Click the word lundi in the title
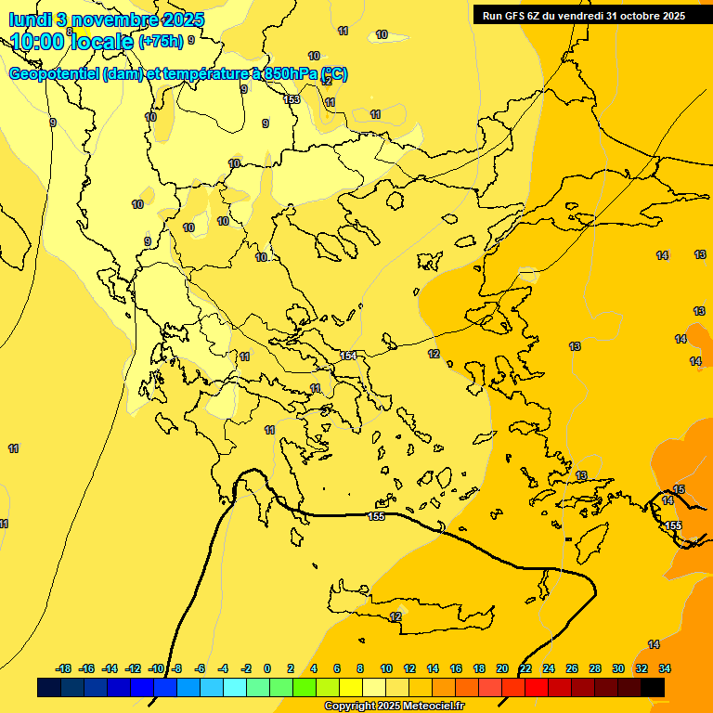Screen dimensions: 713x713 coord(30,19)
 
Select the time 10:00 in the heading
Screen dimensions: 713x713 coord(39,41)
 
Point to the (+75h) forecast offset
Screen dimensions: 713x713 coord(160,42)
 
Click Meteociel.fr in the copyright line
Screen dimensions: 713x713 coord(431,707)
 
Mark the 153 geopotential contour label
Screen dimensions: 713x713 coord(292,99)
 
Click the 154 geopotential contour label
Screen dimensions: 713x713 coord(348,356)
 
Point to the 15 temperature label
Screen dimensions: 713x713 coord(679,489)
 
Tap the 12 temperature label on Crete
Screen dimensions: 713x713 coord(395,616)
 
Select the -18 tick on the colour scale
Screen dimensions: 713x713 coord(64,668)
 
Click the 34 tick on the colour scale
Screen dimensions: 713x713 coord(665,668)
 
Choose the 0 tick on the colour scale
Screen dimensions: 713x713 coord(267,668)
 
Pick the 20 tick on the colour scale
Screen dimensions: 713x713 coord(502,668)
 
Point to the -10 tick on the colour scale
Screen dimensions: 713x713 coord(155,668)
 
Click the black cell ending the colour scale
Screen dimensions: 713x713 coord(653,687)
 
